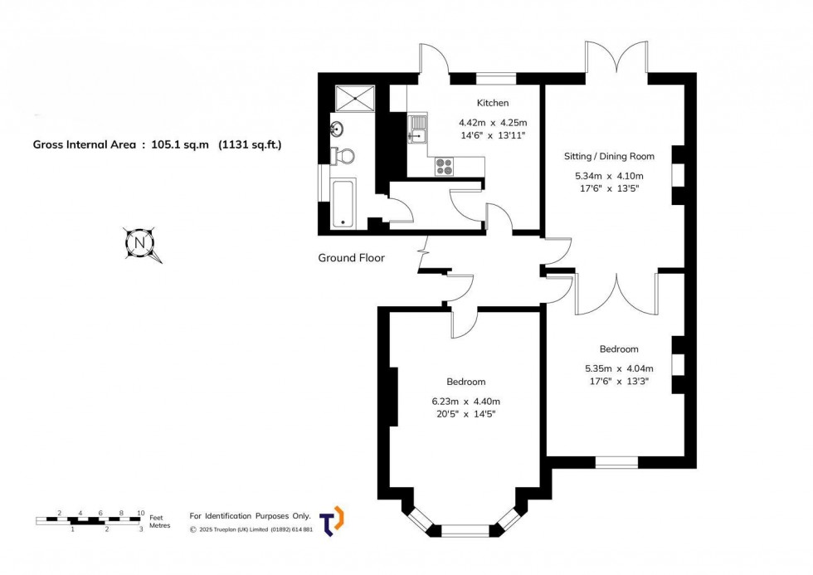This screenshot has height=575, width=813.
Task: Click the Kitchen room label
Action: (x=492, y=103)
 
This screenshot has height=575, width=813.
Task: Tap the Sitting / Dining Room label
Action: (x=615, y=156)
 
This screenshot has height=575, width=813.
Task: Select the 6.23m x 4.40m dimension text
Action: (x=465, y=401)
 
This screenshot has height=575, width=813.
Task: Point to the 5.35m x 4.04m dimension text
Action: (x=619, y=368)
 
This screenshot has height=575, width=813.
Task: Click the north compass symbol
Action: (x=139, y=244)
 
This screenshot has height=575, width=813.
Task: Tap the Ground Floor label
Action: (x=351, y=258)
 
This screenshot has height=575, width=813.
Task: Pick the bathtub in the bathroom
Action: (x=342, y=202)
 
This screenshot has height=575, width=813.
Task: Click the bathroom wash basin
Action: (x=338, y=129)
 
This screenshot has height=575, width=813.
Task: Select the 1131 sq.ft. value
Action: (x=250, y=144)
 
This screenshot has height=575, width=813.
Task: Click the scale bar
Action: (x=88, y=520)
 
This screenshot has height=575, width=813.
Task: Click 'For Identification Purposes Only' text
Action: (x=250, y=515)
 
